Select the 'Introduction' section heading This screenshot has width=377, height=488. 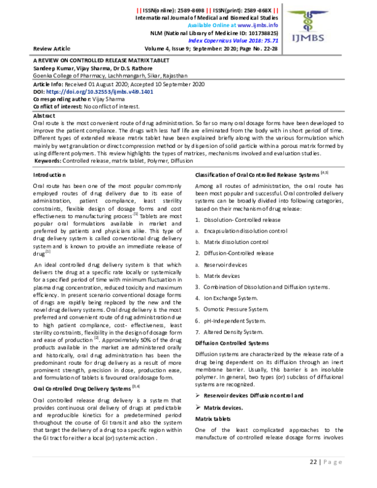[x=48, y=174]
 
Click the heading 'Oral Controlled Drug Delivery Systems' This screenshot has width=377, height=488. [x=80, y=389]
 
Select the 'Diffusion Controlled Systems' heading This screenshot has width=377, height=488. [x=232, y=343]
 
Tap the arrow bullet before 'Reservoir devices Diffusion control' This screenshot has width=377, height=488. [x=198, y=413]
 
